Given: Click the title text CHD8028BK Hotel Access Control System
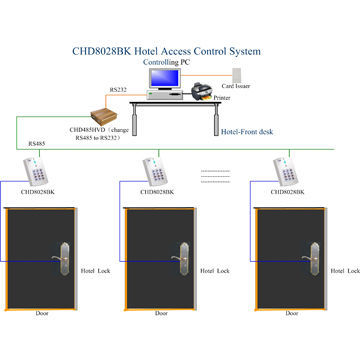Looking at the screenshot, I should (x=179, y=51).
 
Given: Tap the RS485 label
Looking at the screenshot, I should (x=36, y=144).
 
